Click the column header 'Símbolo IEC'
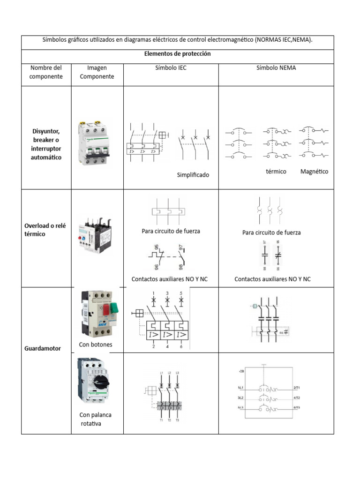171,67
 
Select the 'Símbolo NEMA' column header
276,67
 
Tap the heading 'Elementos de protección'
178,54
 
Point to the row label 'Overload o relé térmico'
45,230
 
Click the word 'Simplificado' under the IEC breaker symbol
193,175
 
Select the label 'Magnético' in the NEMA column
314,172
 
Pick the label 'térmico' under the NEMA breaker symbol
276,172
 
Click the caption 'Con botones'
96,345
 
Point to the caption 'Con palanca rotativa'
95,419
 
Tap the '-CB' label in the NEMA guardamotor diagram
241,371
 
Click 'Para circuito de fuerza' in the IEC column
171,231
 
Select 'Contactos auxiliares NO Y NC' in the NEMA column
272,279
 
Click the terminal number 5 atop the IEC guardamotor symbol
181,293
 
